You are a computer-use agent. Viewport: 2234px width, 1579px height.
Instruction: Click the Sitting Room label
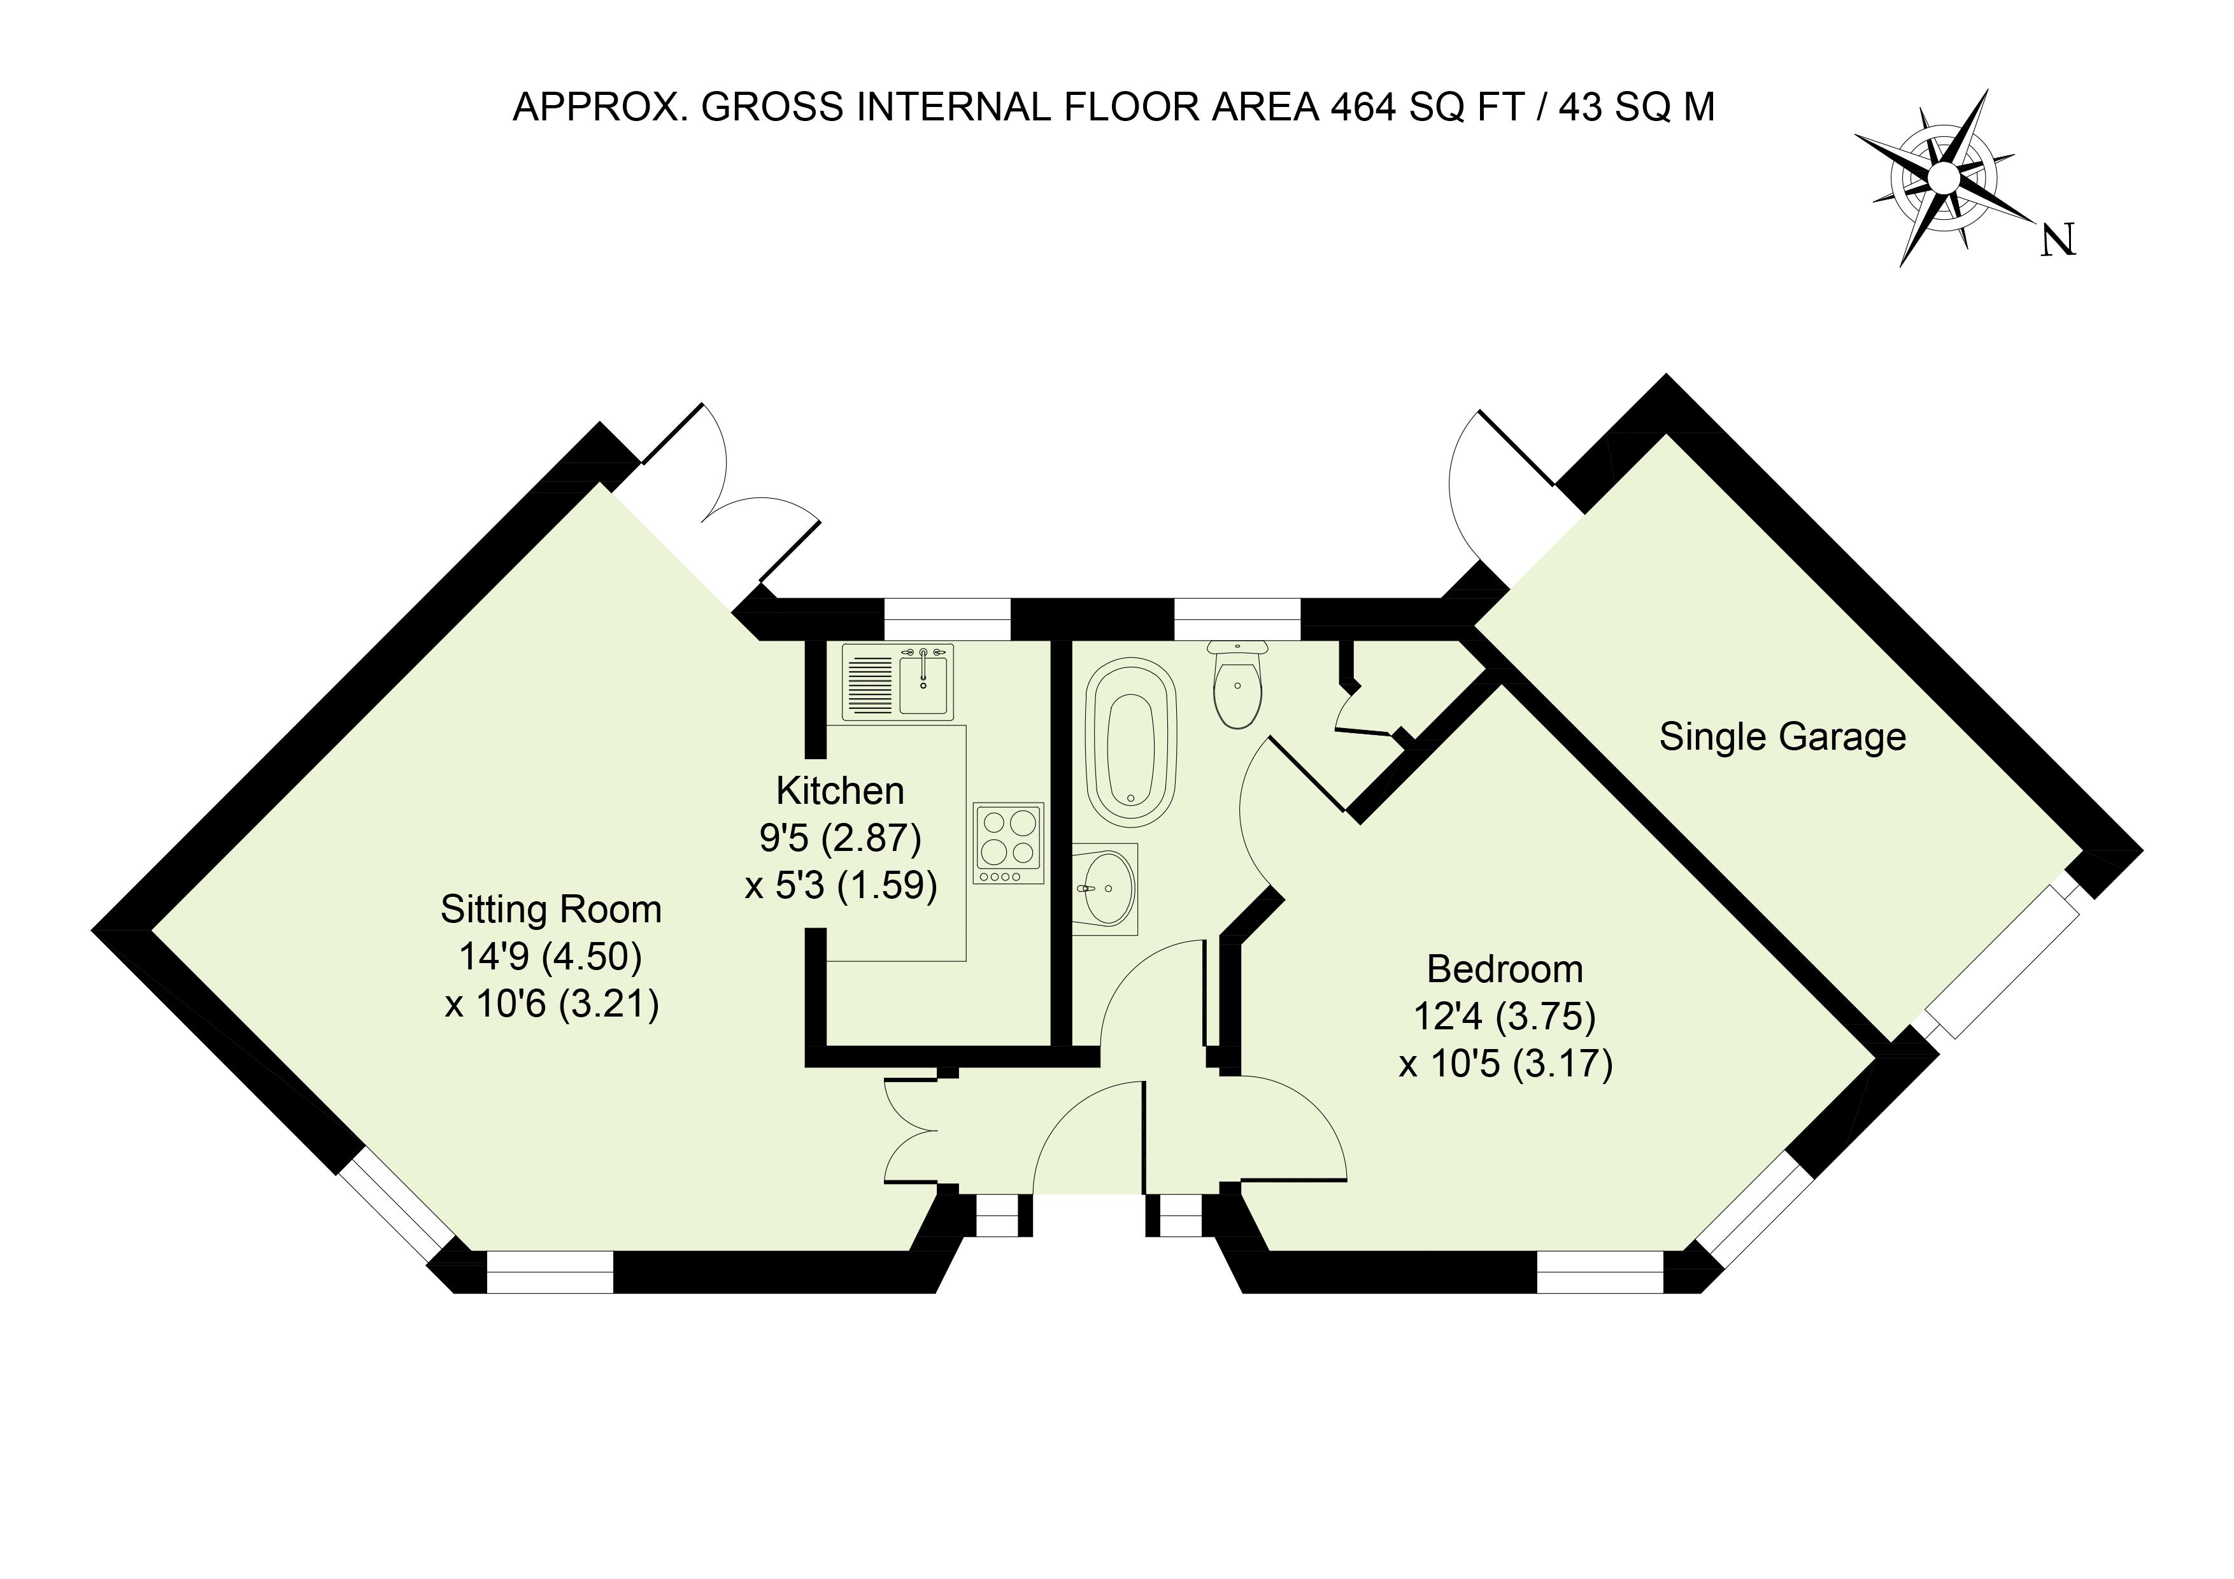[551, 910]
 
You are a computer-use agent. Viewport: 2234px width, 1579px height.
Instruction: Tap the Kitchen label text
[840, 791]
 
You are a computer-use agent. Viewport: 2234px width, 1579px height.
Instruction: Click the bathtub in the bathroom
[1130, 743]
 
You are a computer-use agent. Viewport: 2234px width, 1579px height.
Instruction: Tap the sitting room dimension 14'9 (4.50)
[551, 957]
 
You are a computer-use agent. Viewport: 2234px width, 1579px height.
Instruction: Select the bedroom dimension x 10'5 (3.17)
[1505, 1063]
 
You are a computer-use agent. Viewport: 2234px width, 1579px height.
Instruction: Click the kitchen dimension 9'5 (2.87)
[840, 838]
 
